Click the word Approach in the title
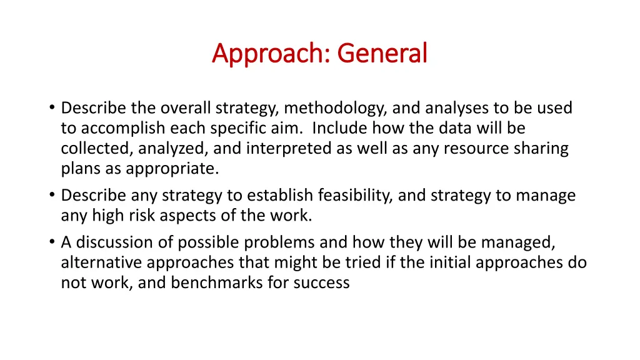271,54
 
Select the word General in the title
382,54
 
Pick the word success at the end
321,282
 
